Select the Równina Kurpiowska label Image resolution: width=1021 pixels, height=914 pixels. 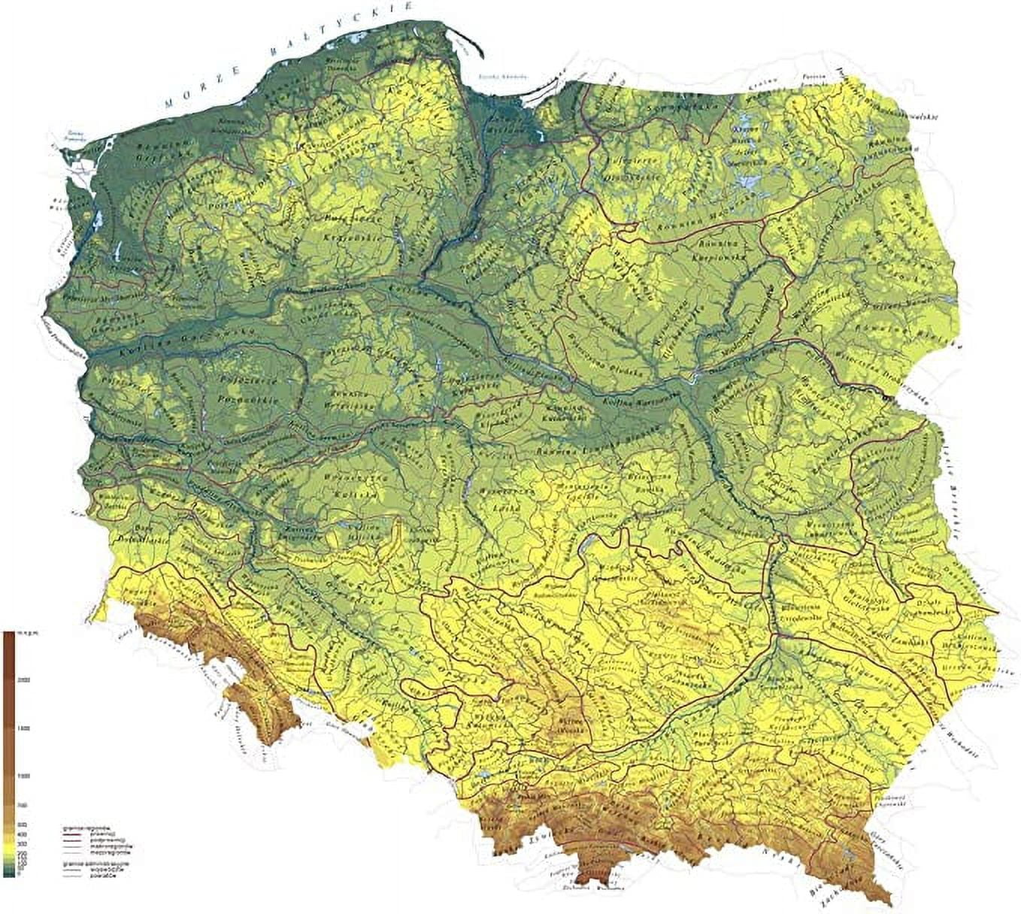pos(718,249)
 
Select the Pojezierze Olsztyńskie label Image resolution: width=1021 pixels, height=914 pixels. pos(617,165)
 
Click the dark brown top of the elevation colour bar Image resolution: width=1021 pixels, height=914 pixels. pos(8,639)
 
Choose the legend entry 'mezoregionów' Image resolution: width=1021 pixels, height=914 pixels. pos(105,854)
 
